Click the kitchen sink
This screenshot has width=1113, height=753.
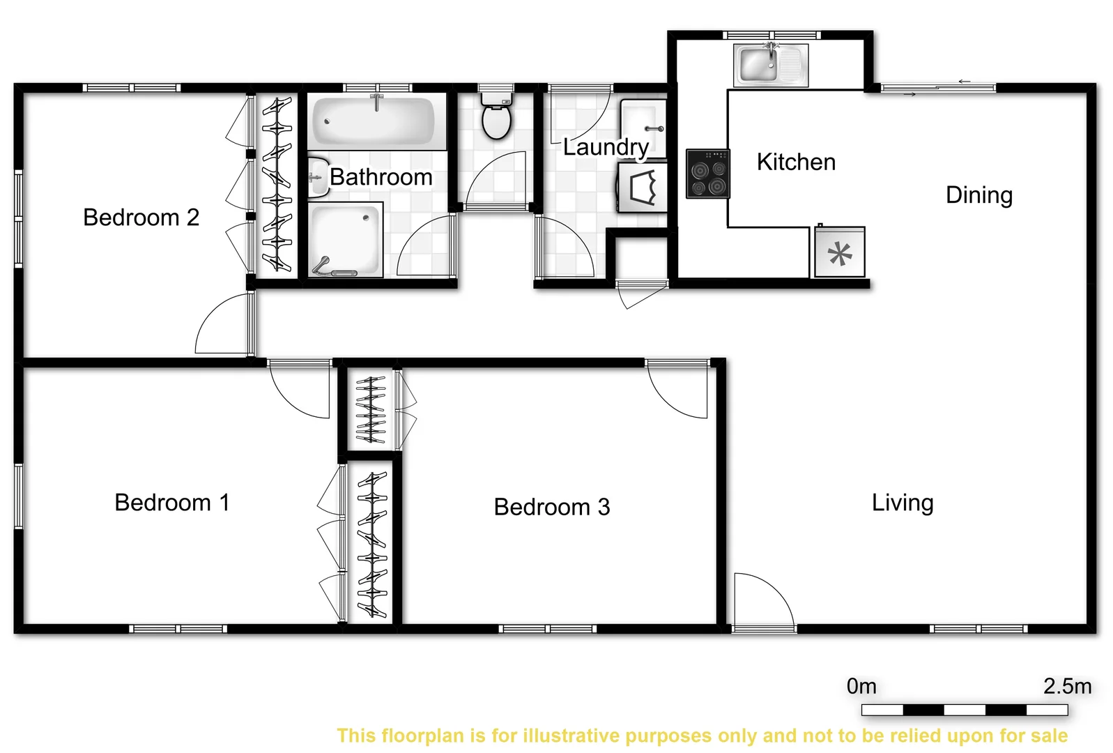(x=770, y=65)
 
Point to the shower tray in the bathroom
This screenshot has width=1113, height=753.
(x=346, y=239)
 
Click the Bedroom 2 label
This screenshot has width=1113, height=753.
(x=141, y=218)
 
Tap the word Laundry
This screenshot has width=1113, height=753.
(x=606, y=147)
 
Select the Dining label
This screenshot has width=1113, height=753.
(x=978, y=195)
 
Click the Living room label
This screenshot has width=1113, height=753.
(x=903, y=503)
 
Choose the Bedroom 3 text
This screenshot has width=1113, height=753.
(x=551, y=507)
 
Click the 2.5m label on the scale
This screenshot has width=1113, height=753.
(x=1067, y=686)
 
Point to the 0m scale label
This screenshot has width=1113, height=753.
(x=861, y=686)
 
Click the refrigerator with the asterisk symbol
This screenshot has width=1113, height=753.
(x=840, y=252)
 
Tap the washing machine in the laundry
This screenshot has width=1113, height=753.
(x=643, y=187)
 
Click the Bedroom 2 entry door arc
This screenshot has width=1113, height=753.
(x=222, y=326)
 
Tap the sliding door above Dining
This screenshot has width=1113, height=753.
(x=937, y=88)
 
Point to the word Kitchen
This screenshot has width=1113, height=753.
(x=796, y=162)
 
